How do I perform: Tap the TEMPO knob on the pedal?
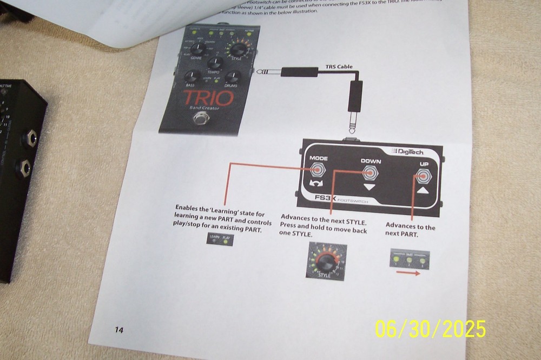tap(214, 63)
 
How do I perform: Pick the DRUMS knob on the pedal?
tap(233, 77)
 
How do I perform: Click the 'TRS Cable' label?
tap(339, 67)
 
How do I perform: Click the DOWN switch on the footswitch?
tap(371, 174)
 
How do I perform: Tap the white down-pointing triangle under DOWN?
tap(369, 188)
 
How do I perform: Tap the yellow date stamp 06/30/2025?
tap(430, 329)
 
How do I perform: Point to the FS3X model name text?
tap(326, 198)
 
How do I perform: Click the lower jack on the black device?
tap(24, 169)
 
